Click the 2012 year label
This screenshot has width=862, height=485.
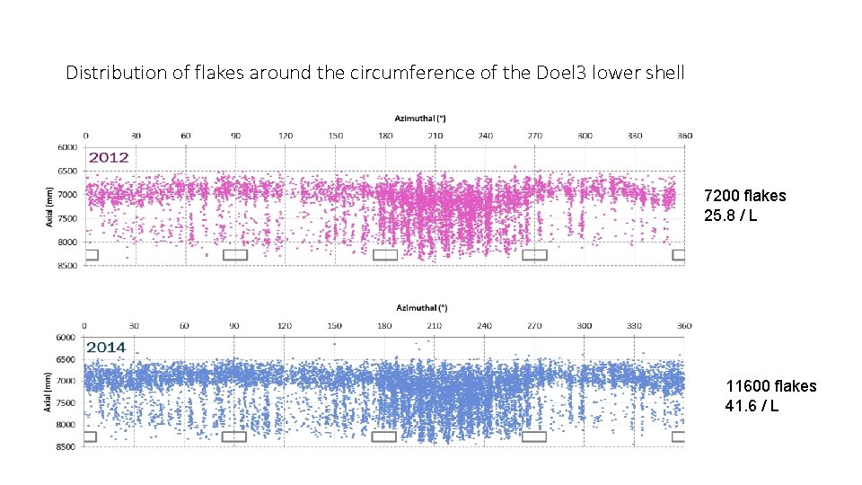[x=109, y=157]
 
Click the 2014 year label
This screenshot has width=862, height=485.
[x=107, y=348]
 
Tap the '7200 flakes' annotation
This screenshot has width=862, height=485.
[x=744, y=196]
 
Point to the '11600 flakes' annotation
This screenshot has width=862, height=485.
[x=770, y=386]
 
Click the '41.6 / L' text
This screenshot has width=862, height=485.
[x=752, y=406]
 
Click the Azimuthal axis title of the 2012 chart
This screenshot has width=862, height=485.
[x=422, y=118]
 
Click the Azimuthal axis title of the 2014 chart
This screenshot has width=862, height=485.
[x=422, y=307]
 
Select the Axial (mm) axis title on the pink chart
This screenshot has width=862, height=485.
[x=50, y=206]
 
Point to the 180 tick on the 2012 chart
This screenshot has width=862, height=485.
[x=385, y=136]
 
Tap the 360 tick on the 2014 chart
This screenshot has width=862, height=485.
[x=685, y=325]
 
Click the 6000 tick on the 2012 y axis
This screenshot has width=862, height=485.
[x=67, y=146]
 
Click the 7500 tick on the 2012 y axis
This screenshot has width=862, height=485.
[x=67, y=218]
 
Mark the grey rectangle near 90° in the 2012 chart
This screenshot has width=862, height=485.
[x=235, y=255]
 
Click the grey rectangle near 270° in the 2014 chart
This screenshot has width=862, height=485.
[x=534, y=437]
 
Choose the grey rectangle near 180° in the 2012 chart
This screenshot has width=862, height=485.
[x=385, y=255]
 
